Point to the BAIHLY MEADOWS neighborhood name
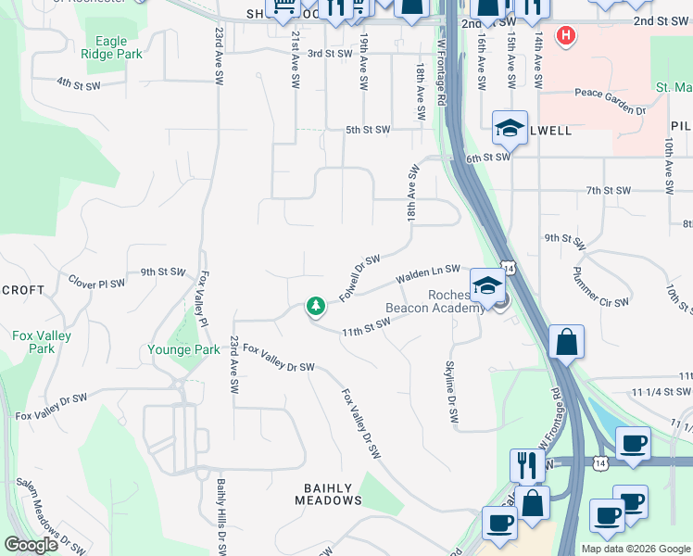328,494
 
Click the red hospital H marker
565,36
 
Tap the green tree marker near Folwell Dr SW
316,306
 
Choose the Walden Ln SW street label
427,274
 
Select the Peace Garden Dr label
609,100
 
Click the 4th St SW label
78,83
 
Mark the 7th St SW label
608,190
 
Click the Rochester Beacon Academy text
435,301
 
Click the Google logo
31,545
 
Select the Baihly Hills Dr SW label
221,515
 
